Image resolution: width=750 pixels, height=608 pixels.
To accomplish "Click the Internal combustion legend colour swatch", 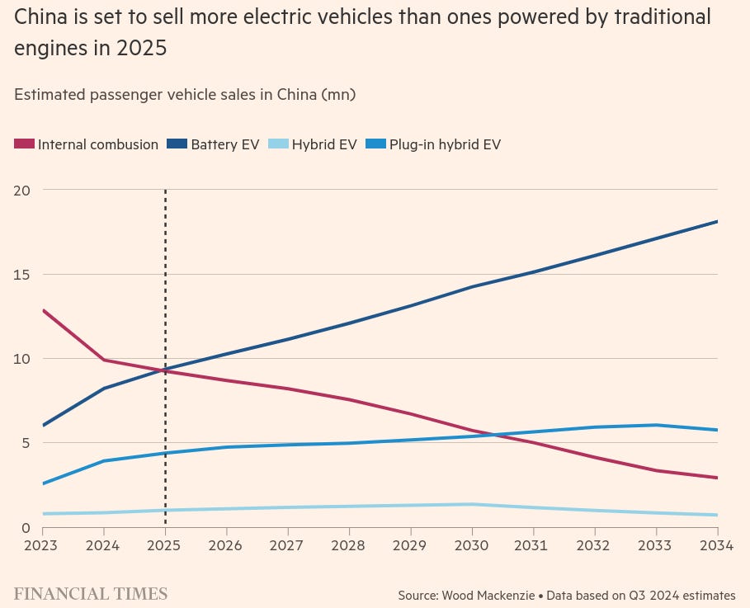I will click(x=25, y=144).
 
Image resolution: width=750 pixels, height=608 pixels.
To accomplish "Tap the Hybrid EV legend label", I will click(x=324, y=144).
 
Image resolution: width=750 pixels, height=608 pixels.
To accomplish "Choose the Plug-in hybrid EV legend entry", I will click(x=445, y=144).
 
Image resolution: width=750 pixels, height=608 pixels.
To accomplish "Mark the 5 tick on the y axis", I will click(x=25, y=443).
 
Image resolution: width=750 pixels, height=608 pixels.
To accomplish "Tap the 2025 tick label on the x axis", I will click(x=165, y=546).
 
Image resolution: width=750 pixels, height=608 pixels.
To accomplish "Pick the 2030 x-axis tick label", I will click(x=472, y=546).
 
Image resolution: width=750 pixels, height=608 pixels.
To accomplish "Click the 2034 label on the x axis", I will click(x=716, y=546).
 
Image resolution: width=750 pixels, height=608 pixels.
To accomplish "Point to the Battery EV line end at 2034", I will click(x=717, y=221).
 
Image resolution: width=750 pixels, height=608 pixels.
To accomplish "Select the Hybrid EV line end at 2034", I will click(x=717, y=515).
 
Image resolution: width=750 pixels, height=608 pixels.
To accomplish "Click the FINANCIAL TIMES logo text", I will click(x=91, y=594).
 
